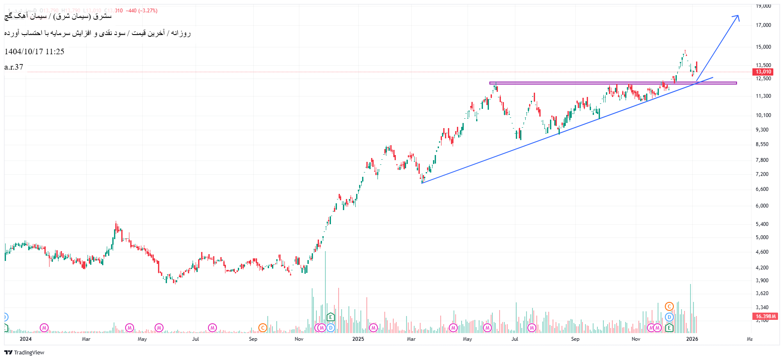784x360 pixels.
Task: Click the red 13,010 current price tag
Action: coord(764,72)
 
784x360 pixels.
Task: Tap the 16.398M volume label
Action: coord(766,316)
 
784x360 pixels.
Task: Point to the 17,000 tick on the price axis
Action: coord(764,25)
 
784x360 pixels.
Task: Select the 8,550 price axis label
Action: coord(762,144)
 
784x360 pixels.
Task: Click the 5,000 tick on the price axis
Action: coord(762,237)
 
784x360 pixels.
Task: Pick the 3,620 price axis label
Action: coord(762,293)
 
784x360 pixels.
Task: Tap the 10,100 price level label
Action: coord(764,115)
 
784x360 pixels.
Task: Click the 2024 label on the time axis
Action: coord(26,339)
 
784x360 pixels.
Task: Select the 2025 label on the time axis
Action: coord(358,339)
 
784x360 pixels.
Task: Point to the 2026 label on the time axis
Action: coord(692,339)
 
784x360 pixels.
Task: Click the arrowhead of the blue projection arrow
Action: coord(737,17)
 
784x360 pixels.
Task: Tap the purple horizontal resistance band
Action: coord(598,83)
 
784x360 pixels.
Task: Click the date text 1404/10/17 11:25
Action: coord(34,52)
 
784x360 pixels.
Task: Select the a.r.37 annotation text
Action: coord(14,67)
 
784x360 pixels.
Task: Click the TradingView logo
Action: coord(24,352)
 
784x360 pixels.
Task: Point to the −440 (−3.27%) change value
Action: coord(141,11)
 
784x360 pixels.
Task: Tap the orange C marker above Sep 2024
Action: coord(263,328)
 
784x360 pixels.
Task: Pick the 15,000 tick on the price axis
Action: coord(764,47)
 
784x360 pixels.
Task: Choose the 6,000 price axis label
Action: coord(762,206)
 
